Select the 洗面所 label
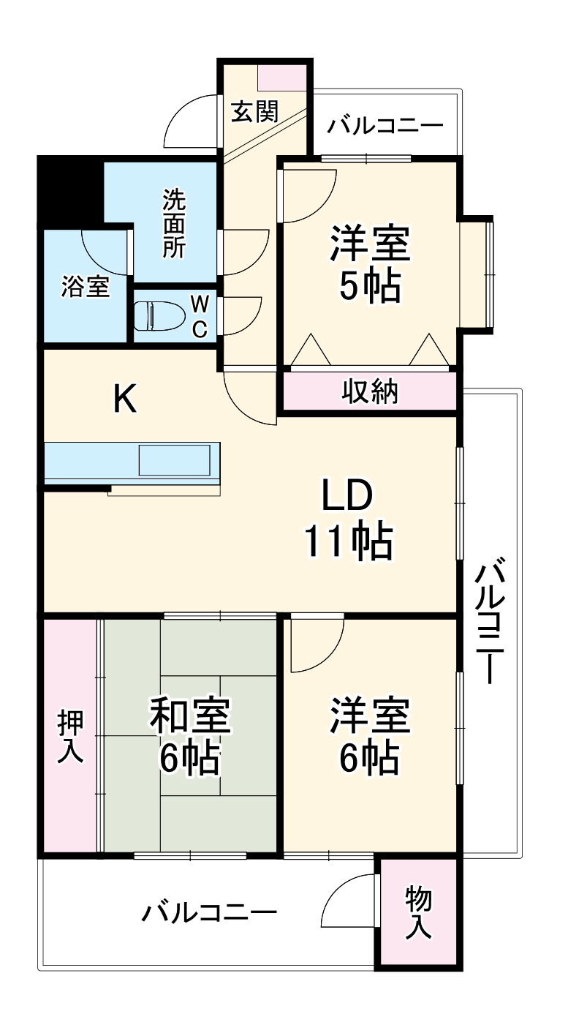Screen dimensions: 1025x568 tap(173, 223)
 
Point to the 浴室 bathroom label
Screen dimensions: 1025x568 tap(86, 287)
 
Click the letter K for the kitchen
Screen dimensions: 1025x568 tap(125, 399)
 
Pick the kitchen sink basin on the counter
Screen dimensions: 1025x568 tap(178, 461)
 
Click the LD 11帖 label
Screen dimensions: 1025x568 tap(349, 519)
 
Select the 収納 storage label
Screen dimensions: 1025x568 tap(370, 391)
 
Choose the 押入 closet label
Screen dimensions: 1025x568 tap(71, 737)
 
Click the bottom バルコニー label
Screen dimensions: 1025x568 tap(210, 913)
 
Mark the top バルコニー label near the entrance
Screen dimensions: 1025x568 tap(385, 126)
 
